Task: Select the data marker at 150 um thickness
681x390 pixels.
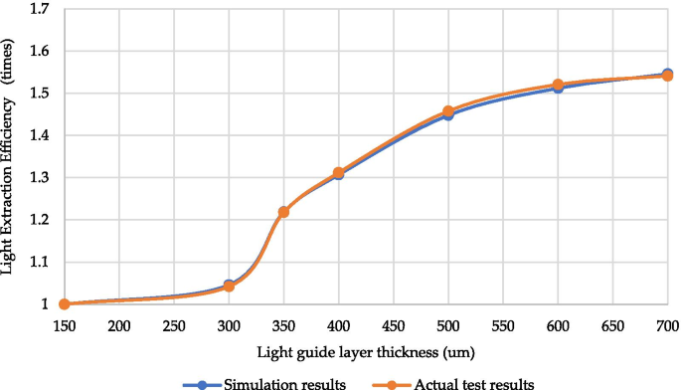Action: click(65, 304)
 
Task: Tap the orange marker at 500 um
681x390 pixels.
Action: click(448, 111)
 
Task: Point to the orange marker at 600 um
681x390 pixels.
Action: click(558, 86)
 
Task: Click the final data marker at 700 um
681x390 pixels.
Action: click(667, 76)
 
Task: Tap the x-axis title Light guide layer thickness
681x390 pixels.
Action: click(365, 351)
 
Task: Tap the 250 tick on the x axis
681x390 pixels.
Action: click(174, 325)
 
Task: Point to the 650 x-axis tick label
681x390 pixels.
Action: click(612, 325)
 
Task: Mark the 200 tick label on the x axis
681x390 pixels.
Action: click(119, 325)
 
